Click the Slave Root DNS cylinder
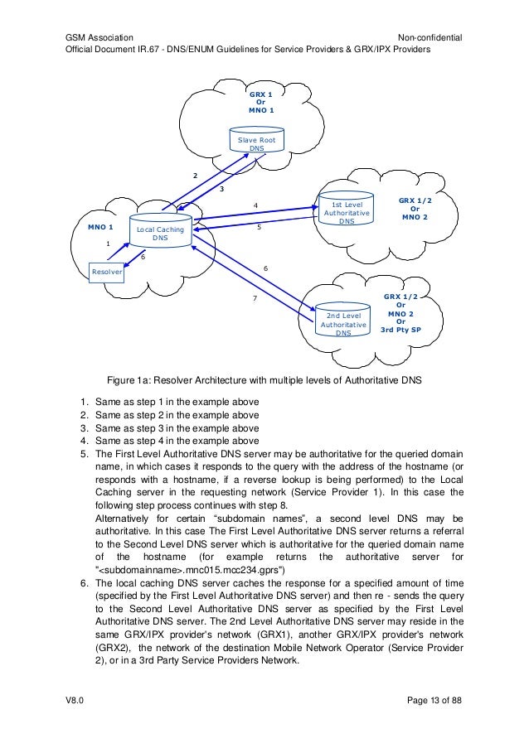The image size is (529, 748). tap(257, 139)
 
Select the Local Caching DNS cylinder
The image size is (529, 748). tap(160, 230)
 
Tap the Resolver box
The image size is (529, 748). tap(106, 272)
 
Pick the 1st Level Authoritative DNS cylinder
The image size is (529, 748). tap(347, 208)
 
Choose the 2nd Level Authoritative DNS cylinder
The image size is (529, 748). tap(343, 319)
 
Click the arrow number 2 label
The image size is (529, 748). tap(196, 176)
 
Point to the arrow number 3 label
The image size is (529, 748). tap(222, 189)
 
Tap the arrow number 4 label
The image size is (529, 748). tap(256, 205)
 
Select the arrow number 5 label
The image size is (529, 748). tap(260, 227)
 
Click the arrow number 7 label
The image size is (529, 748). tap(255, 298)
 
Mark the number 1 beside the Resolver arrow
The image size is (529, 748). tap(108, 244)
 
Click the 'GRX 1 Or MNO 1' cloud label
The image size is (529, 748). tap(261, 102)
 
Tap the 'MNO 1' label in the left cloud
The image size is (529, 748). tap(100, 227)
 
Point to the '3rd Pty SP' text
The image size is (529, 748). tap(401, 330)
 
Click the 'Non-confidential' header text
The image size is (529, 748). tap(430, 37)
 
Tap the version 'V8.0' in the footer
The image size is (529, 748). tap(75, 700)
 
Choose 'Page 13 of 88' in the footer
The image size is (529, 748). tap(434, 700)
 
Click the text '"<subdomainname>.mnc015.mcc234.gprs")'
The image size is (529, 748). tap(190, 570)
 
